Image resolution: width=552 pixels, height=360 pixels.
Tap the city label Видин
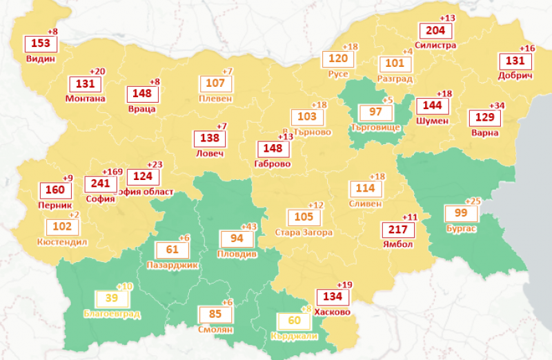tap(41, 59)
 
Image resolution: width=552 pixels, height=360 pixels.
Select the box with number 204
tap(435, 31)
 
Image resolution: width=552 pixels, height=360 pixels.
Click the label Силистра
tap(436, 46)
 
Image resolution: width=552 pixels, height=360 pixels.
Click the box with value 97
tap(376, 112)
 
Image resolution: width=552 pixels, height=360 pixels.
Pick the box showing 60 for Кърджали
tap(294, 321)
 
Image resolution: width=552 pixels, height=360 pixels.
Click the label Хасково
tap(332, 312)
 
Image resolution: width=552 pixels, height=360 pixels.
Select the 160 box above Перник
tap(55, 190)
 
